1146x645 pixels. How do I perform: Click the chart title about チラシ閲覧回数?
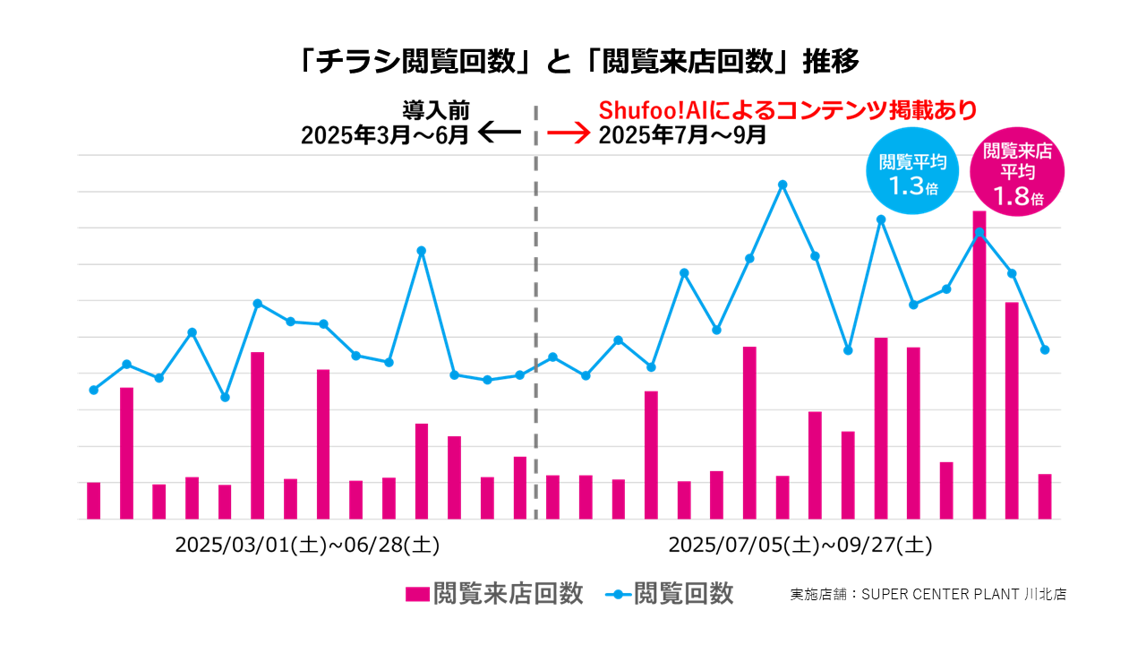(x=580, y=62)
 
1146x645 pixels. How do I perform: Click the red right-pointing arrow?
(x=569, y=134)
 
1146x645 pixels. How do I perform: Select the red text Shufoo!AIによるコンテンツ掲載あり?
(x=787, y=110)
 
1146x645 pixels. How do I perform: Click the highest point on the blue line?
(x=783, y=185)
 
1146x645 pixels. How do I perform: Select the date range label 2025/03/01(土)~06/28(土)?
(x=306, y=545)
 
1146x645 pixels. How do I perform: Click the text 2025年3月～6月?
(x=385, y=135)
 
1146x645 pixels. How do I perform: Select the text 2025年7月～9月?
(x=682, y=135)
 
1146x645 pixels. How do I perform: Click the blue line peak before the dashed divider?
(x=421, y=251)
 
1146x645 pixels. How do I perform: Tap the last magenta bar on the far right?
(x=1045, y=496)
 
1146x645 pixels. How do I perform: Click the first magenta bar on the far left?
(x=93, y=500)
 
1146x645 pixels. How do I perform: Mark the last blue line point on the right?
(x=1045, y=349)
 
